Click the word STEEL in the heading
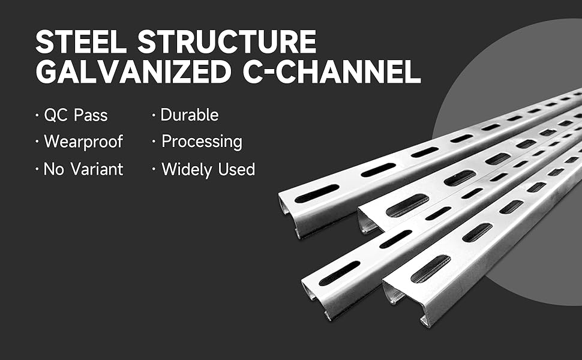pos(81,42)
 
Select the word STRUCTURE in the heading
pos(227,42)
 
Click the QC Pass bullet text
pos(76,115)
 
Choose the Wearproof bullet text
pos(83,142)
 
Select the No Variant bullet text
pos(83,169)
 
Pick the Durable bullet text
pos(189,115)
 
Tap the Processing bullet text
pos(202,142)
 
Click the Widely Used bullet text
pos(208,169)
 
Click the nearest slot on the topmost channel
pos(317,193)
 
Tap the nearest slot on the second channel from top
pos(407,205)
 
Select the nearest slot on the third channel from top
pos(339,273)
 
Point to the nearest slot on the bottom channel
pos(431,269)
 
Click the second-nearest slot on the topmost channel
pos(378,170)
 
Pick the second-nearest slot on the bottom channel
pos(478,233)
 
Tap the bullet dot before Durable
pos(153,116)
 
